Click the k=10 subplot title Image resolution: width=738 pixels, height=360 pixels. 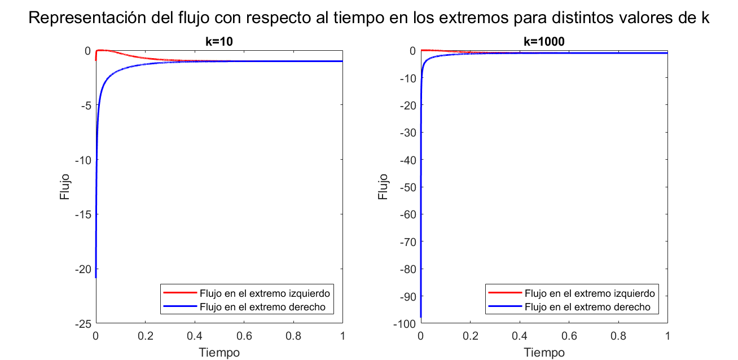pyautogui.click(x=219, y=41)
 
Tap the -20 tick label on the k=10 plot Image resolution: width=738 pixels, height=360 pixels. pyautogui.click(x=82, y=270)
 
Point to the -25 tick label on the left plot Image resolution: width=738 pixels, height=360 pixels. pyautogui.click(x=82, y=324)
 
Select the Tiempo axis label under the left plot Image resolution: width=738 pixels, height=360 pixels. pyautogui.click(x=219, y=352)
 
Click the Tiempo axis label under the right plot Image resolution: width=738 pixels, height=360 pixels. pyautogui.click(x=544, y=352)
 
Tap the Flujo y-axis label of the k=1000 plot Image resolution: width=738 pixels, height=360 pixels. pyautogui.click(x=384, y=187)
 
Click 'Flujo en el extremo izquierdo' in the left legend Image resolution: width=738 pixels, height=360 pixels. pyautogui.click(x=264, y=293)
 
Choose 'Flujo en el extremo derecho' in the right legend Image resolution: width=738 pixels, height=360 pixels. pyautogui.click(x=587, y=307)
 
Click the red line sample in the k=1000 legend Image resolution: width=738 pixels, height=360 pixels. pyautogui.click(x=503, y=293)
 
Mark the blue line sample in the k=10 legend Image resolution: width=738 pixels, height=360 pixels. pyautogui.click(x=179, y=307)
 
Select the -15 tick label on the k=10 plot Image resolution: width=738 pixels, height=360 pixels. pyautogui.click(x=82, y=214)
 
